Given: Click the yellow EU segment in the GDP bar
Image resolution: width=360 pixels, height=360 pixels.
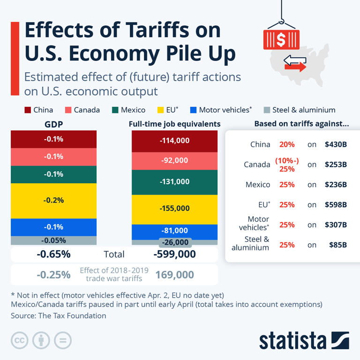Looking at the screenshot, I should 53,200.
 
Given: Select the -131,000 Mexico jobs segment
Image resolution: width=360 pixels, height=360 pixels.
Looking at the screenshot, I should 174,182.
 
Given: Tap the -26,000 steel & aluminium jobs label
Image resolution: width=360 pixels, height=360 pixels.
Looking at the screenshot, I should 174,242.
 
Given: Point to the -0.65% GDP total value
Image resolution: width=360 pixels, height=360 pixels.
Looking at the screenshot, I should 53,255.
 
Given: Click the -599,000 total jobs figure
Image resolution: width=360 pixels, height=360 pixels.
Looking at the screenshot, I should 174,255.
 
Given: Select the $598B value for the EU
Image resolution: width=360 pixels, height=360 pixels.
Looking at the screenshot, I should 336,204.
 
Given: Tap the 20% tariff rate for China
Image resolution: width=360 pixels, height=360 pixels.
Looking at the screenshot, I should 287,144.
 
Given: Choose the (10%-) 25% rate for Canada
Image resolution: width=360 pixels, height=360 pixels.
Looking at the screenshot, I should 287,165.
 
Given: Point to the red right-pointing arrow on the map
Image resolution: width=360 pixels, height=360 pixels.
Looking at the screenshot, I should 296,67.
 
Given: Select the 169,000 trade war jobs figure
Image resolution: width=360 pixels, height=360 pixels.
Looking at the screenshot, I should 174,275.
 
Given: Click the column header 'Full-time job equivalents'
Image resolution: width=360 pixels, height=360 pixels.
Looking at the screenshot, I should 174,124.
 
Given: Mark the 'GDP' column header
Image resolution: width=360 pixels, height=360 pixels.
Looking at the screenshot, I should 53,124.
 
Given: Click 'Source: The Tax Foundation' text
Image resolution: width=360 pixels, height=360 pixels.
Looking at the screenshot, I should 59,315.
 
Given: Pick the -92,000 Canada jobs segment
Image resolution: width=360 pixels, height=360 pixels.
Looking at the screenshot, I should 174,160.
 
